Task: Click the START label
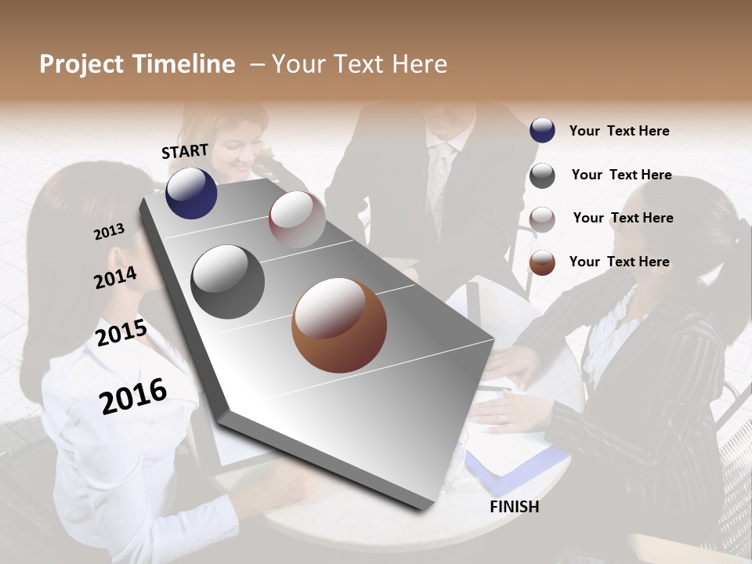[x=185, y=151]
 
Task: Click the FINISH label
[x=514, y=507]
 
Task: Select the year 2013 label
[x=109, y=231]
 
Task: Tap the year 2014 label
[x=115, y=277]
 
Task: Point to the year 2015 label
[x=121, y=333]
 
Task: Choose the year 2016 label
[x=133, y=396]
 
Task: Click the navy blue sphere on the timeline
[x=191, y=193]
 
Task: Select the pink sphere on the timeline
[x=297, y=219]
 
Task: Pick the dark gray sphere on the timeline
[x=228, y=281]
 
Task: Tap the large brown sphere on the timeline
[x=339, y=325]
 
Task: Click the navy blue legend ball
[x=542, y=130]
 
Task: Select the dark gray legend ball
[x=542, y=175]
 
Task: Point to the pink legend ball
[x=542, y=219]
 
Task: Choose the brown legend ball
[x=542, y=262]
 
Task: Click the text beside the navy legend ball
[x=619, y=131]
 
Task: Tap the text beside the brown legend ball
[x=619, y=262]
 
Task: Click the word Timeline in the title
[x=185, y=64]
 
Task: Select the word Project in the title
[x=81, y=64]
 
